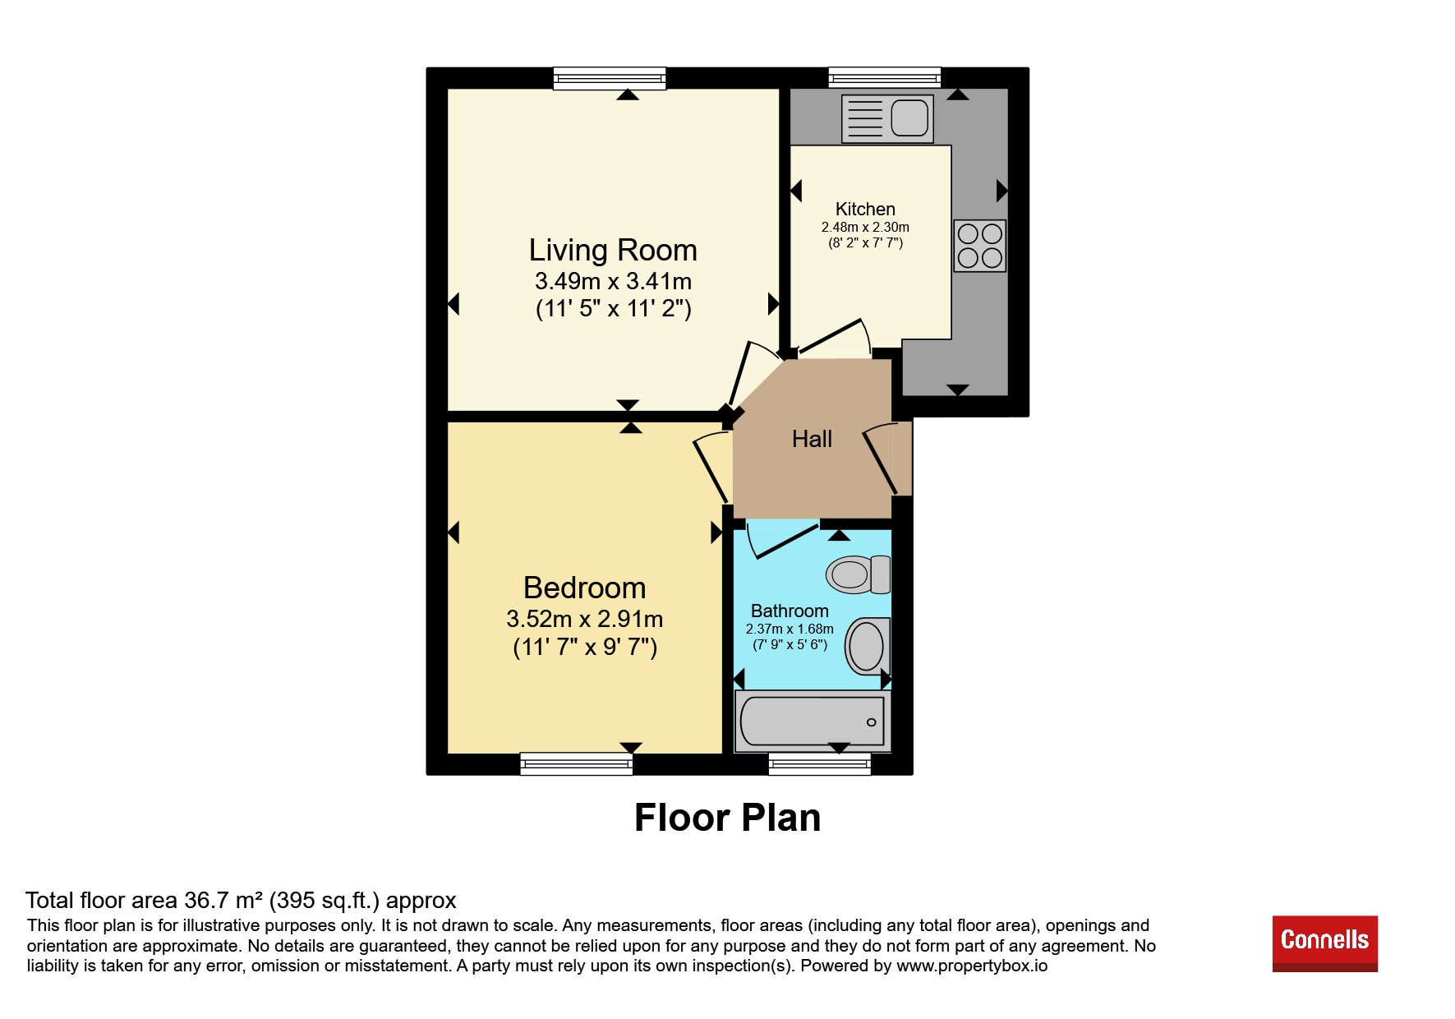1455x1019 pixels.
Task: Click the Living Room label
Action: [613, 250]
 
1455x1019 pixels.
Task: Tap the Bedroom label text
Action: [584, 588]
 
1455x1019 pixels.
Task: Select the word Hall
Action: [812, 439]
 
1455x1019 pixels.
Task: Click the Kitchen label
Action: [865, 209]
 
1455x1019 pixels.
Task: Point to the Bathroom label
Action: [790, 611]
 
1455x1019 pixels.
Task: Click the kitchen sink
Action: [887, 118]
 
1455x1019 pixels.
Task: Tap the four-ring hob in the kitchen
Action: [980, 246]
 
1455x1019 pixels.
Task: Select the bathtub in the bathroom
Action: [813, 721]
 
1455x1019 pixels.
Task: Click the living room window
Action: [610, 79]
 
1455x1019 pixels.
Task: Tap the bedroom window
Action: [577, 764]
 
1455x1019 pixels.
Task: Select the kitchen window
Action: [885, 78]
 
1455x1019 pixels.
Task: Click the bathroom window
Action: [820, 764]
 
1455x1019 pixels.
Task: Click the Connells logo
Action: [1325, 943]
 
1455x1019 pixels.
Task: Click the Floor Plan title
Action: [728, 818]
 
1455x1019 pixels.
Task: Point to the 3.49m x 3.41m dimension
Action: [613, 281]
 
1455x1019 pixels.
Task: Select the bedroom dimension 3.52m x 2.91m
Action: [585, 619]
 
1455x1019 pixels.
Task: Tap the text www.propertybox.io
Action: [972, 966]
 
